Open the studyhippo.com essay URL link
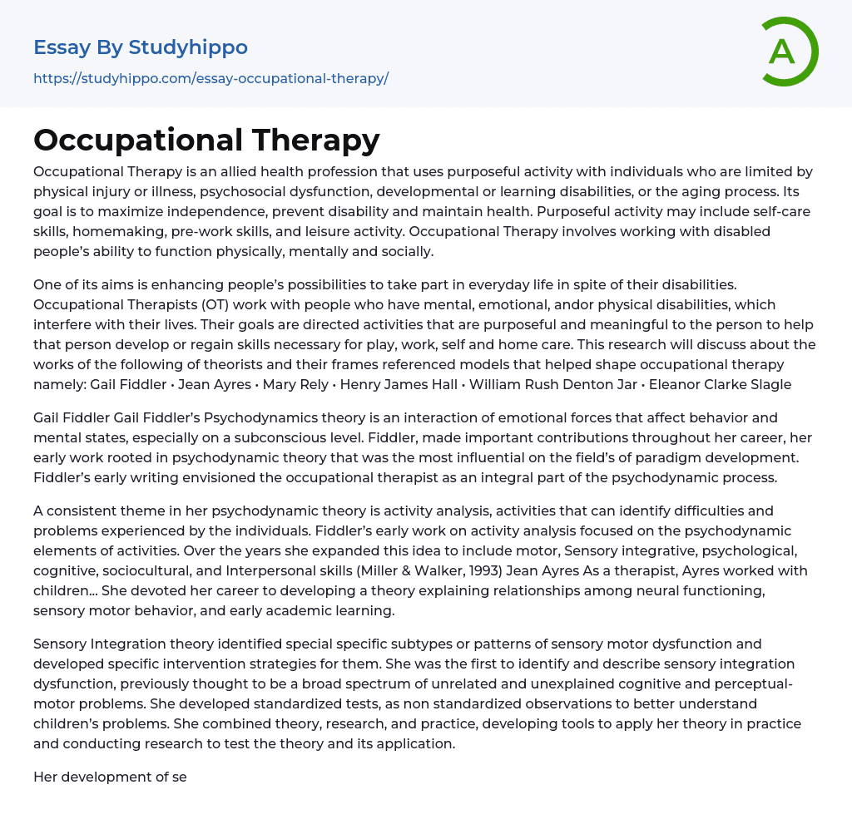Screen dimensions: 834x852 [211, 79]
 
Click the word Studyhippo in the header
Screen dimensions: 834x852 [188, 48]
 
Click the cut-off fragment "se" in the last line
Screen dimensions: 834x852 [179, 777]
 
